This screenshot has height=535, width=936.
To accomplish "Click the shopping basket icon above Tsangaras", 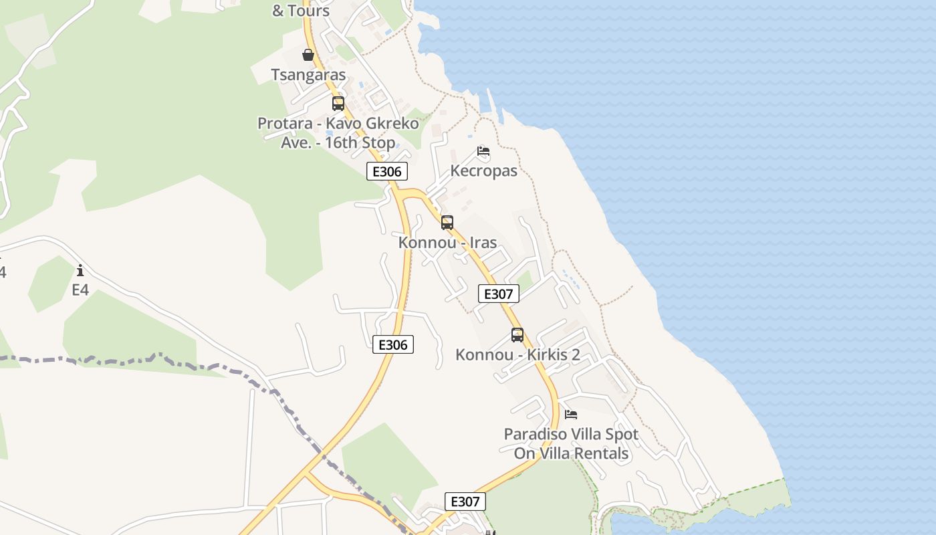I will point(308,55).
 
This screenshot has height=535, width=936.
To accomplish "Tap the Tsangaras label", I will point(308,75).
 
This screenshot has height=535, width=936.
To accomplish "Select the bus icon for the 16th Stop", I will point(338,104).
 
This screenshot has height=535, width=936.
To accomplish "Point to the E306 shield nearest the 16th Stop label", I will point(387,171).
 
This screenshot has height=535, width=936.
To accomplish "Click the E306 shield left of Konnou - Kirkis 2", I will point(393,345).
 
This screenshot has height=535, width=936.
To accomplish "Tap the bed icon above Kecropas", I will point(483,152).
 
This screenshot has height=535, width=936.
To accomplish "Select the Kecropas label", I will point(483,171).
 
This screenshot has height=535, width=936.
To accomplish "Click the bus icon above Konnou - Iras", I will point(447,223).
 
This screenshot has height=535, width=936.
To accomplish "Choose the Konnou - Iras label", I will point(447,242).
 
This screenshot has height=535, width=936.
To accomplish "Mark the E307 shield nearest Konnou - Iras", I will point(499,294).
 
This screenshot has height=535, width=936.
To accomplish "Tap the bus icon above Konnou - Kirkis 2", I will point(517,335).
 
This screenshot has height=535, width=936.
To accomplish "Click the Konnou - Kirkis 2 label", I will point(517,354).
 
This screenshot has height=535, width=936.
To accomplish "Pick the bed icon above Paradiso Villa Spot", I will point(571,415).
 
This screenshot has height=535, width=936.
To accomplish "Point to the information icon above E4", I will point(80,271).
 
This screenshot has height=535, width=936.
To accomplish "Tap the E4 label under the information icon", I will point(80,290).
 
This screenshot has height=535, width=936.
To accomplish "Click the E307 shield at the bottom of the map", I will point(465,502).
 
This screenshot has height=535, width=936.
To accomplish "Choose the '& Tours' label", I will point(301,11).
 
